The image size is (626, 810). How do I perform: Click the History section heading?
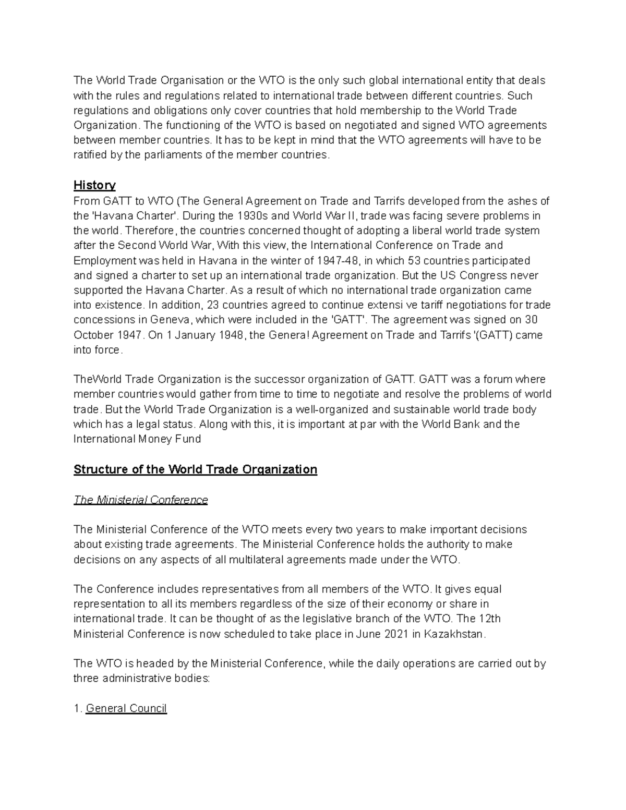click(x=94, y=185)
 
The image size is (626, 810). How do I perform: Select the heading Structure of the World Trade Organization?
click(x=195, y=469)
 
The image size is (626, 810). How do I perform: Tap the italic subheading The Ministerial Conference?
click(x=141, y=500)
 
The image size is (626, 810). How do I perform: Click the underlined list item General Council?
click(x=126, y=708)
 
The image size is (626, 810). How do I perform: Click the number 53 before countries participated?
click(x=412, y=260)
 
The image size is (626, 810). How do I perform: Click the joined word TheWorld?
click(x=96, y=379)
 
